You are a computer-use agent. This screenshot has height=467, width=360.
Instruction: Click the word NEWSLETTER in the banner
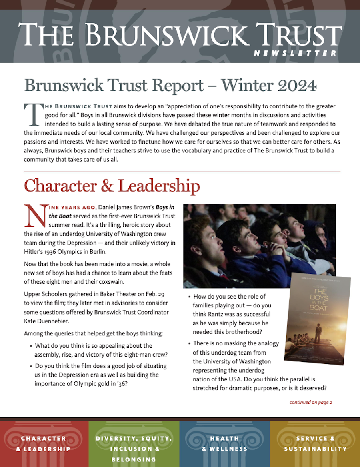(x=295, y=53)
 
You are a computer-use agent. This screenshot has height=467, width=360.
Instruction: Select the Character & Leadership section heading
(x=112, y=186)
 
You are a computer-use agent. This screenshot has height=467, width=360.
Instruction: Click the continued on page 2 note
(x=311, y=402)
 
